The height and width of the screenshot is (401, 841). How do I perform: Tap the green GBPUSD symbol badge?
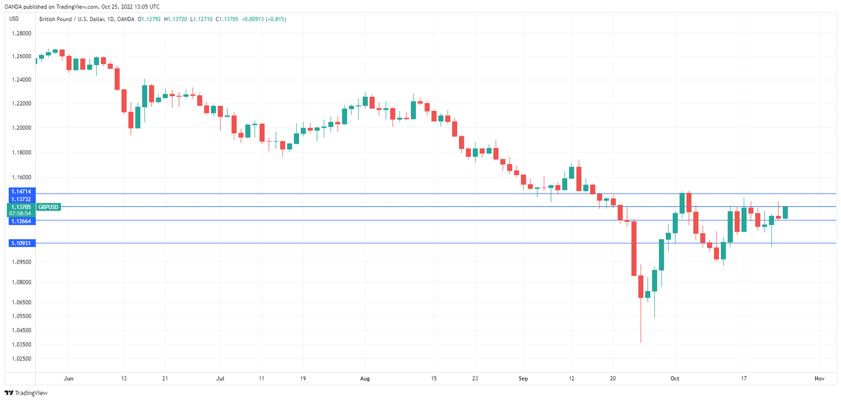(48, 206)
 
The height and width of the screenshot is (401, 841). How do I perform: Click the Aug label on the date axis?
(365, 379)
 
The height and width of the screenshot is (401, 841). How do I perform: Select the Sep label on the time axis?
(523, 379)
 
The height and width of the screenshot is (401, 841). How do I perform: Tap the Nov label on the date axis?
(819, 379)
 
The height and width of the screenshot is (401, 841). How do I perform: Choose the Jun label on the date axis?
(68, 379)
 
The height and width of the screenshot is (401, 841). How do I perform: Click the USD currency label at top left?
(14, 19)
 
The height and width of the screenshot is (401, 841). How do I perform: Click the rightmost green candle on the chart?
(785, 212)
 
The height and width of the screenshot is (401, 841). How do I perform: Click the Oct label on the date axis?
(675, 379)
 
